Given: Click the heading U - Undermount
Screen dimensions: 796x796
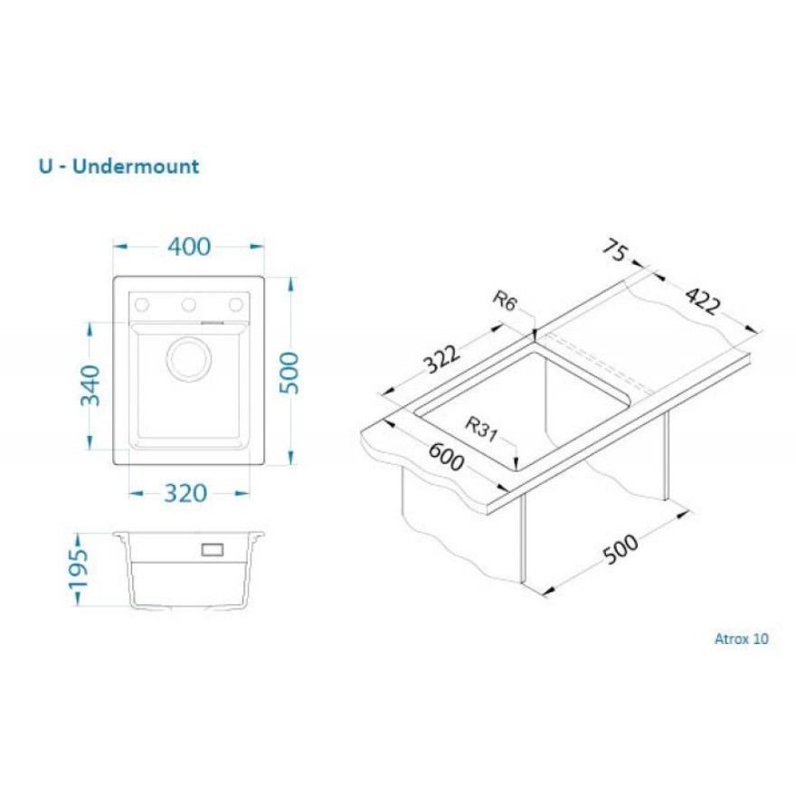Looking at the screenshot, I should click(x=118, y=166).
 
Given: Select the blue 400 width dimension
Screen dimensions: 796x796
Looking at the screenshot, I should click(x=188, y=246).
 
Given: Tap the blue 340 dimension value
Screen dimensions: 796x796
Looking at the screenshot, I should click(x=91, y=386).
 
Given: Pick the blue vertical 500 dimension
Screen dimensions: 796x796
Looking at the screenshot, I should click(x=289, y=371).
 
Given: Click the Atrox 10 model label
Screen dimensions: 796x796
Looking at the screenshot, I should click(x=741, y=639).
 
